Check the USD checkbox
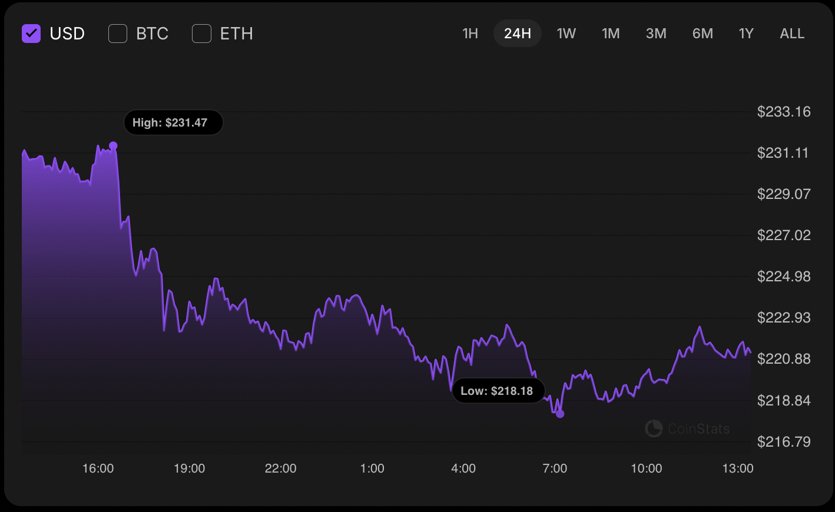click(x=31, y=34)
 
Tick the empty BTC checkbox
click(x=118, y=34)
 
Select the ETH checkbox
click(x=202, y=34)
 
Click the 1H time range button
click(x=470, y=34)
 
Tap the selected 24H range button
click(x=518, y=34)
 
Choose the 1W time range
click(x=566, y=34)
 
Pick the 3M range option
click(x=656, y=34)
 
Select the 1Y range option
click(x=746, y=34)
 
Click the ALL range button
click(x=792, y=34)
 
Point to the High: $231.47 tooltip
click(x=173, y=122)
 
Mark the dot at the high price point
click(x=113, y=145)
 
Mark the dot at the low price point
click(x=560, y=414)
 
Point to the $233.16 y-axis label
click(x=784, y=112)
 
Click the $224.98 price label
click(x=784, y=277)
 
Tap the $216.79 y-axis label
click(x=784, y=441)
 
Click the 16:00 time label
click(x=98, y=468)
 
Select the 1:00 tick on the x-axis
click(x=372, y=468)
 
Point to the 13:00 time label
click(x=738, y=468)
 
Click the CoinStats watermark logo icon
click(x=654, y=428)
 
